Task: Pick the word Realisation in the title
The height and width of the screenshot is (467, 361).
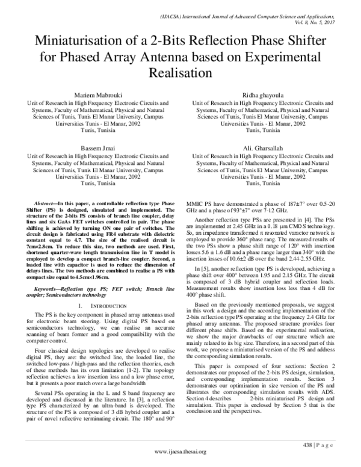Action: (180, 73)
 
